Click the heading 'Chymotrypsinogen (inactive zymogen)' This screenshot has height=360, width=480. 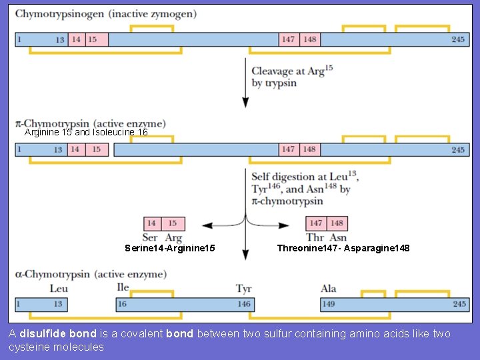[105, 14]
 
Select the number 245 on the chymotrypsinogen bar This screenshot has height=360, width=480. [457, 39]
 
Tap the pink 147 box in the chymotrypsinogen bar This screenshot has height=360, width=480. [288, 39]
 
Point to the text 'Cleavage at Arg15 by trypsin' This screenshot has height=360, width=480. [291, 77]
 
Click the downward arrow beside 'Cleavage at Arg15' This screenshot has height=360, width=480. [245, 83]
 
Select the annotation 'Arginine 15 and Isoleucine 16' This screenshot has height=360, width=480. [86, 133]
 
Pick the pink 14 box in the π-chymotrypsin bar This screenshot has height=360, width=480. [76, 149]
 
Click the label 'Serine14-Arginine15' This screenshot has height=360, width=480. [169, 249]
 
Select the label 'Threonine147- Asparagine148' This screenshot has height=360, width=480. [343, 249]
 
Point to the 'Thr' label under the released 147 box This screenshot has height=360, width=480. [315, 237]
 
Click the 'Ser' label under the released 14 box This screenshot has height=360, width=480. [150, 237]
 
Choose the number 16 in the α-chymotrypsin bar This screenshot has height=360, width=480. [122, 304]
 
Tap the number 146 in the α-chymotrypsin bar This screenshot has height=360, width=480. [244, 304]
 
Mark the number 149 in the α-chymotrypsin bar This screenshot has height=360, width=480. [329, 304]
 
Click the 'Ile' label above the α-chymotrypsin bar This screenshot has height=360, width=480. [122, 287]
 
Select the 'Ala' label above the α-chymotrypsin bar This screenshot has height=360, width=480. [328, 289]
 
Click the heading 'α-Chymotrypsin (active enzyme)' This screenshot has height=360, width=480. [91, 274]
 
